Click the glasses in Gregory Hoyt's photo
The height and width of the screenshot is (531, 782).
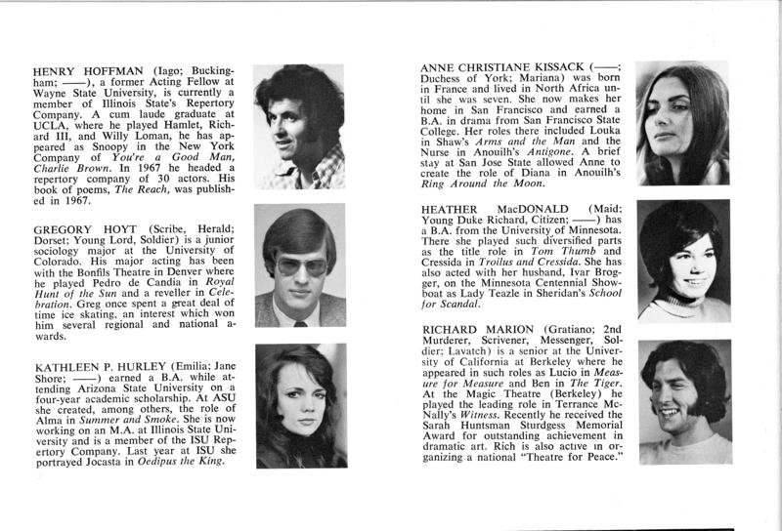[298, 265]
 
